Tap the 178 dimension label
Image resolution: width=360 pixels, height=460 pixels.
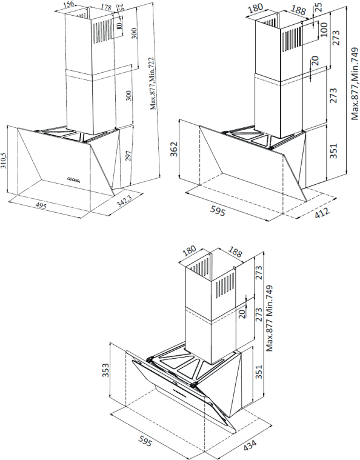point(105,7)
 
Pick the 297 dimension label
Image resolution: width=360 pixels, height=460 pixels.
point(128,156)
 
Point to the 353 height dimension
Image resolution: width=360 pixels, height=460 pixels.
point(105,369)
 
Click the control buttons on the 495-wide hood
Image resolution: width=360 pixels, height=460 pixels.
point(74,179)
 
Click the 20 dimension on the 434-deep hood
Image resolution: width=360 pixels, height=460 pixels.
point(242,313)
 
